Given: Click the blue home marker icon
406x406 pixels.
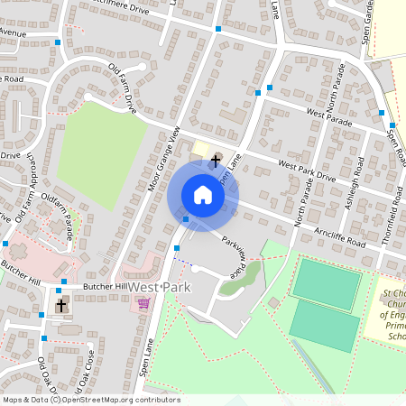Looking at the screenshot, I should [x=203, y=194].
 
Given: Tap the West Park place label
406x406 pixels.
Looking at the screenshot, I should [x=158, y=286].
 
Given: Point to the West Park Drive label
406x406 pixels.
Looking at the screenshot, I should [x=307, y=171].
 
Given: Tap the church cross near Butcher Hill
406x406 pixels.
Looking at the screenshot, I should [x=61, y=306].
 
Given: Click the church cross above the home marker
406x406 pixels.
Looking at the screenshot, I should [x=215, y=161].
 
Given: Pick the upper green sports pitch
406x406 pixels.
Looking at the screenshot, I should [x=325, y=281].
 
